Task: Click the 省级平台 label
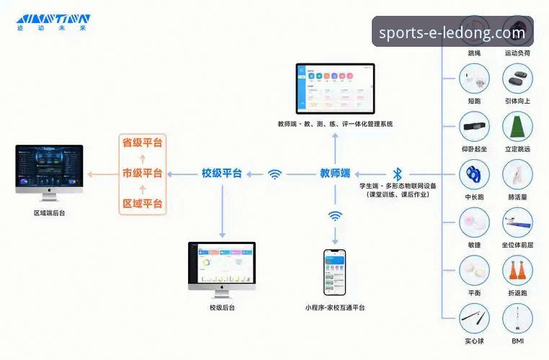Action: [x=142, y=143]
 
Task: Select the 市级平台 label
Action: [x=142, y=174]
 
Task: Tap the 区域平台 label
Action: [x=142, y=204]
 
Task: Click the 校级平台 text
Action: [x=221, y=174]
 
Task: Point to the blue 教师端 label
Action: [x=335, y=174]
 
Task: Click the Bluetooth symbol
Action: [x=397, y=174]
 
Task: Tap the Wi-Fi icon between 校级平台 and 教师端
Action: [x=274, y=174]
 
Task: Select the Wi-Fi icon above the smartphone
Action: [x=335, y=216]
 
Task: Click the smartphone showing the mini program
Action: [x=334, y=272]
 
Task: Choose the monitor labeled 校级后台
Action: [x=221, y=268]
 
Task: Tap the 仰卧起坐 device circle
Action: [x=474, y=126]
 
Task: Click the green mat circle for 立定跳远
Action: [x=517, y=126]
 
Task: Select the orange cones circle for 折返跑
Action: [x=517, y=271]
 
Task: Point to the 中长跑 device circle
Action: [x=474, y=174]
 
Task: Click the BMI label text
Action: [x=517, y=341]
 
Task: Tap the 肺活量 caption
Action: [x=517, y=197]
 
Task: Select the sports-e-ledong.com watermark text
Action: [x=452, y=32]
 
